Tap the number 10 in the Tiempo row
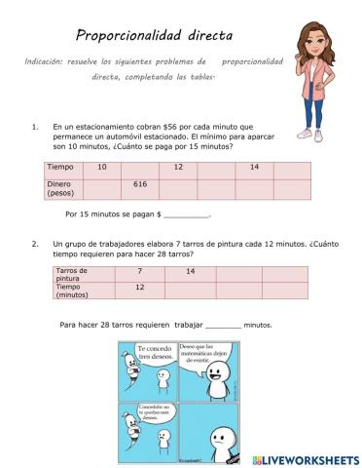click(x=102, y=168)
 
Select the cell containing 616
click(x=139, y=183)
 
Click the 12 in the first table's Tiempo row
click(x=178, y=168)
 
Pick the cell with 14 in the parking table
click(x=254, y=168)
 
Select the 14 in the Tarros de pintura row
click(x=191, y=270)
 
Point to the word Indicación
click(x=49, y=61)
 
